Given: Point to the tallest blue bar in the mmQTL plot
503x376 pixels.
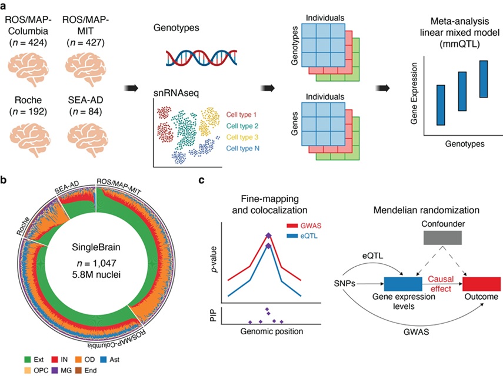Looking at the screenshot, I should [x=484, y=79].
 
